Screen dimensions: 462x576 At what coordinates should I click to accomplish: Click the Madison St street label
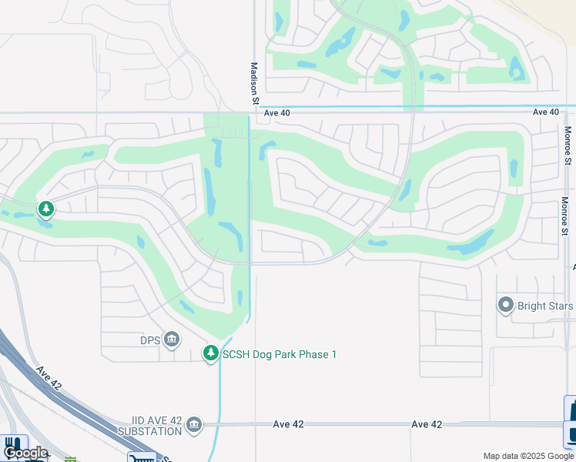click(x=254, y=83)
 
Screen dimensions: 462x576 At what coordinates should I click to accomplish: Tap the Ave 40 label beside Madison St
click(x=277, y=112)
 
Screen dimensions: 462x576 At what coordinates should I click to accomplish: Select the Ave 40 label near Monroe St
click(x=546, y=112)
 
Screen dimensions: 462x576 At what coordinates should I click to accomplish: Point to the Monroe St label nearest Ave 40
click(x=568, y=146)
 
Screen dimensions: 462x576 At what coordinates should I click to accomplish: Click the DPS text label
click(x=149, y=339)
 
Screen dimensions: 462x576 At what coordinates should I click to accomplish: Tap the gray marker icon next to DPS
click(x=172, y=339)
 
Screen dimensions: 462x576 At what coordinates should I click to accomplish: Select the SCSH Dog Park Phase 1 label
click(x=280, y=354)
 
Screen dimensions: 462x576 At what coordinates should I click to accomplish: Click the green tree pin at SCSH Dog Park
click(x=210, y=353)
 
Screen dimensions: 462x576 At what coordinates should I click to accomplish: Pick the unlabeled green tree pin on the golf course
click(x=46, y=209)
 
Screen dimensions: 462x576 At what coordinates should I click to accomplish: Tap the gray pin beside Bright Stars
click(x=506, y=306)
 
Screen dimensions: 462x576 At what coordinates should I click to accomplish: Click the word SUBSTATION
click(x=151, y=431)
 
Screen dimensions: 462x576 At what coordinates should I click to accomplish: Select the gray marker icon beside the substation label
click(x=193, y=423)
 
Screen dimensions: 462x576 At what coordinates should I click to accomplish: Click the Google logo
click(x=25, y=453)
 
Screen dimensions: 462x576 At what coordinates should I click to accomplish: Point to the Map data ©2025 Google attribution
click(x=528, y=456)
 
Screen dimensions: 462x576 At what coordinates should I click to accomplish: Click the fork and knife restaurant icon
click(x=12, y=446)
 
